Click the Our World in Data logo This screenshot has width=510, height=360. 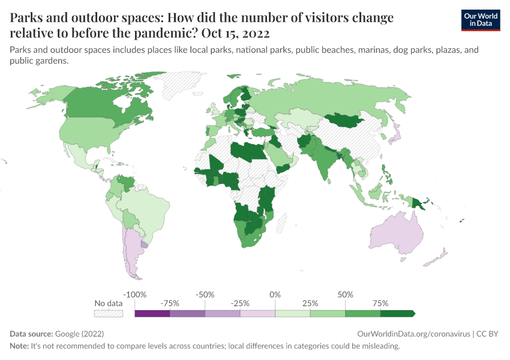pyautogui.click(x=481, y=20)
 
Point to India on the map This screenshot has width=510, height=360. pyautogui.click(x=326, y=158)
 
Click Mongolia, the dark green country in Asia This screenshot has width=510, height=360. pyautogui.click(x=345, y=121)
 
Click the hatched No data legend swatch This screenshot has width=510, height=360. pyautogui.click(x=109, y=313)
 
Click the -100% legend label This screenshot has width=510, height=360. pyautogui.click(x=135, y=295)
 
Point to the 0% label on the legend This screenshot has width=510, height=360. pyautogui.click(x=275, y=295)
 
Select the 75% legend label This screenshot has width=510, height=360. pyautogui.click(x=380, y=304)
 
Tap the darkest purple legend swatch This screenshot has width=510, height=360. pyautogui.click(x=152, y=313)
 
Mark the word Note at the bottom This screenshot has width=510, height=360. pyautogui.click(x=20, y=346)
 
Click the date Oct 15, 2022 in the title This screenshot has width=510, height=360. pyautogui.click(x=235, y=32)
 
